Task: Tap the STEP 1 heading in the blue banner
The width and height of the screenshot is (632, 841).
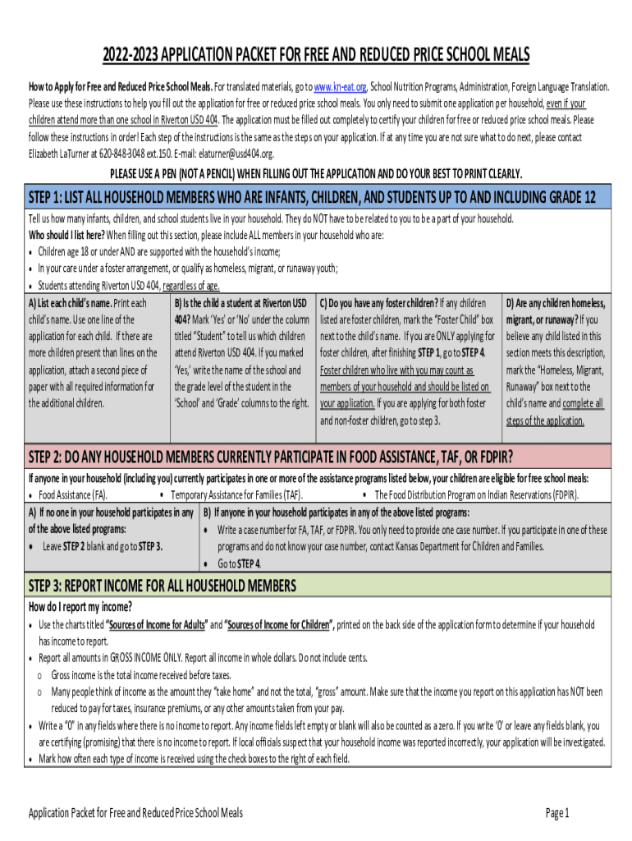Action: (312, 197)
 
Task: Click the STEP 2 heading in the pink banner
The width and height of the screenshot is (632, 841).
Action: (271, 457)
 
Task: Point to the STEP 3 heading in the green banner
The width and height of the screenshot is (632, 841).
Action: (162, 586)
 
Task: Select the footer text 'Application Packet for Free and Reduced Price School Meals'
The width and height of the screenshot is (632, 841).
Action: (135, 813)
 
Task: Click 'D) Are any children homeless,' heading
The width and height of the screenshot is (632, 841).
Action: (556, 303)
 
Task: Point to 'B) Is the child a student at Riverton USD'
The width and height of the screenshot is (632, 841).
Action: (240, 303)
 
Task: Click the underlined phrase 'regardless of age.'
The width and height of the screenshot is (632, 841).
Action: (191, 286)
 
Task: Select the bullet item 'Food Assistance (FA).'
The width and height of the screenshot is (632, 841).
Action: (72, 495)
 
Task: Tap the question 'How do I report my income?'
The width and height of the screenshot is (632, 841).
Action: (80, 607)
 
